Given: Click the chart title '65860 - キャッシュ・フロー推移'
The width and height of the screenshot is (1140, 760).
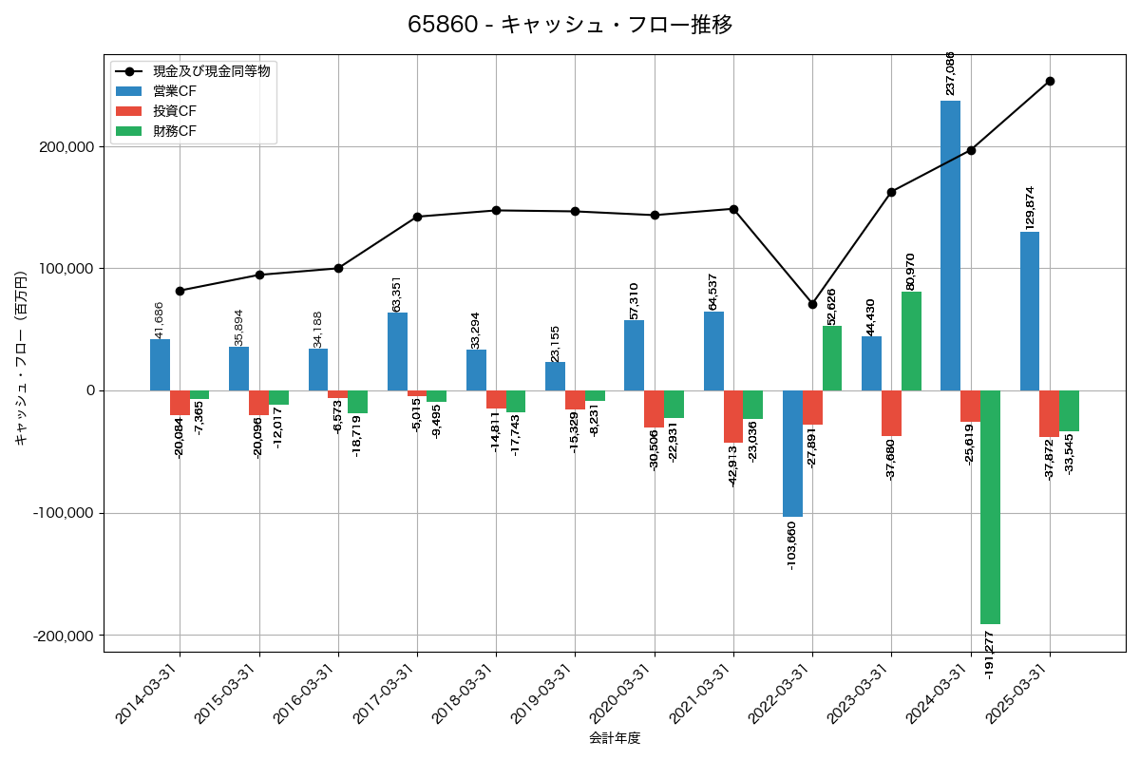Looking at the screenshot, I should (570, 25).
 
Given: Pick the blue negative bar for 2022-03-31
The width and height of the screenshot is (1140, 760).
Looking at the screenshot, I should (792, 453).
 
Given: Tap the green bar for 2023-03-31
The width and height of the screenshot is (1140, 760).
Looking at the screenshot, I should (911, 341).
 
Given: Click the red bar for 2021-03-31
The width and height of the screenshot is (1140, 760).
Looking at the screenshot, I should (733, 416).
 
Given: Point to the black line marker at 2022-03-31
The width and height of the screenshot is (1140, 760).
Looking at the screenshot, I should (812, 304).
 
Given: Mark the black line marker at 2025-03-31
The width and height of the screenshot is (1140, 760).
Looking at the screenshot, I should (1050, 81).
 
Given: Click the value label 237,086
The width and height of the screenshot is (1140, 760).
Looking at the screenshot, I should (950, 73).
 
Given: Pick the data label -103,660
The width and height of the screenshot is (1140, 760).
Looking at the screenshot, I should (792, 545).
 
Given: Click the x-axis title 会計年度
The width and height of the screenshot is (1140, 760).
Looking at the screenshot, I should (615, 738).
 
